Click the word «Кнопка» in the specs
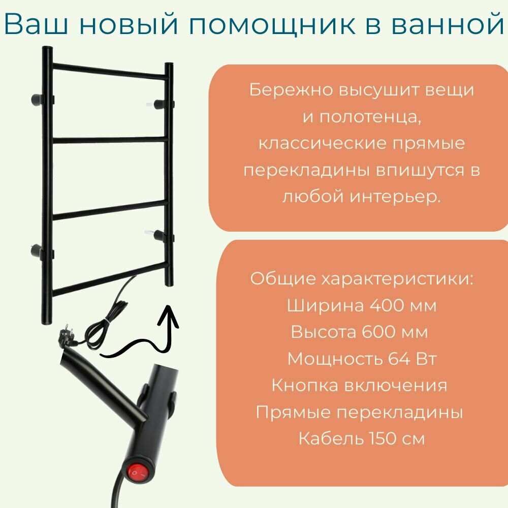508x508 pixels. [296, 385]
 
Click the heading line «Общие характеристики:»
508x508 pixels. [362, 279]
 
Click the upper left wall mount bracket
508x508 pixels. [38, 98]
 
